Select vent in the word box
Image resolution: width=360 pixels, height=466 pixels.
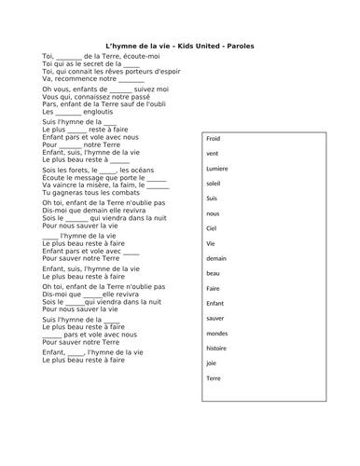213,153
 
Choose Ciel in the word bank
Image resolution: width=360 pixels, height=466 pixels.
212,227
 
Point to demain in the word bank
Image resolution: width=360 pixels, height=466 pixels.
217,258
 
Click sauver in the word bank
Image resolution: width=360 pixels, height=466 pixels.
216,318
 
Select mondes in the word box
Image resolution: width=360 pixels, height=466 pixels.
218,333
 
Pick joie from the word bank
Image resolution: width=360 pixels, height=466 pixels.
212,363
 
